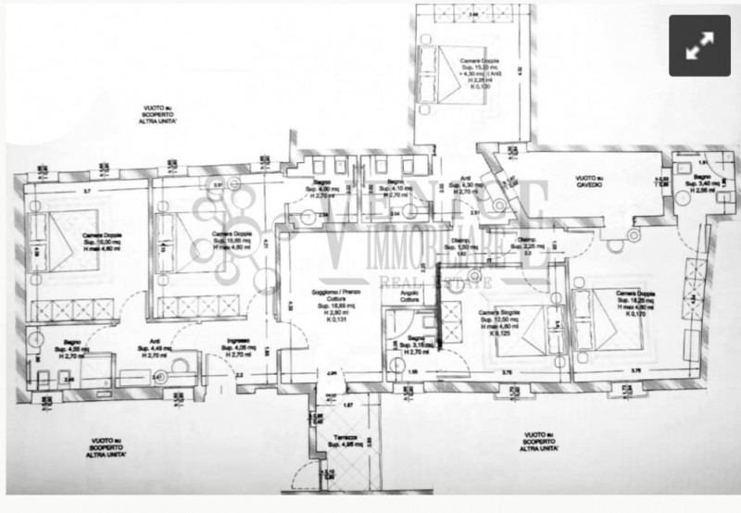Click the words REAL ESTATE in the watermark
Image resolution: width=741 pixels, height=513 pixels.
pyautogui.click(x=435, y=276)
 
